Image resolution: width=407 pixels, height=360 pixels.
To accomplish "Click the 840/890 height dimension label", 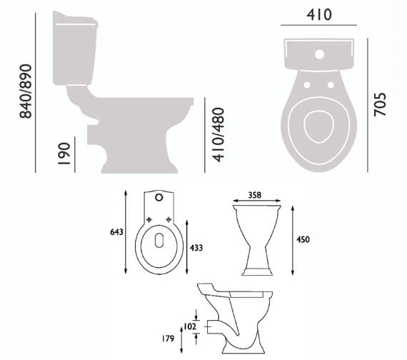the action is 26,91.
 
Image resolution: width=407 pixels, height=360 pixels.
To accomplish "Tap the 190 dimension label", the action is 64,154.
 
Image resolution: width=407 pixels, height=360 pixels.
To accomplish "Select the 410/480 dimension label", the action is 218,134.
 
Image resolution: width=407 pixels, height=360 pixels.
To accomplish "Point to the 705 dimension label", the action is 380,104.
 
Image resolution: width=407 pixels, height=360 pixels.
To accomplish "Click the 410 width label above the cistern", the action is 319,14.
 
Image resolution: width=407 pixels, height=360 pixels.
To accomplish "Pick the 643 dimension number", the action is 116,231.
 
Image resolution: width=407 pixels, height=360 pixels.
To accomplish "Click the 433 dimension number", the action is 196,248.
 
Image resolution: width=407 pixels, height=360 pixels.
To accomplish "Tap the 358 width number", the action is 255,195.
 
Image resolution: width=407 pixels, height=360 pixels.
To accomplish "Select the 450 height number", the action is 303,239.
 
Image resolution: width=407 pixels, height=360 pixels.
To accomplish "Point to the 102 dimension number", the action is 190,326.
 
